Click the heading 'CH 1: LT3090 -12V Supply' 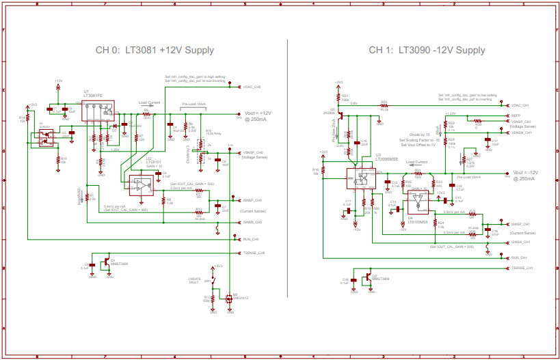[x=427, y=51]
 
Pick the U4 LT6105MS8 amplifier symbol [x=417, y=202]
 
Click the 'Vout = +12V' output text [x=258, y=113]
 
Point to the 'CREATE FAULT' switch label [x=195, y=281]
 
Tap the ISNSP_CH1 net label [x=521, y=223]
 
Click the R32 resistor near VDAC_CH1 [x=384, y=105]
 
